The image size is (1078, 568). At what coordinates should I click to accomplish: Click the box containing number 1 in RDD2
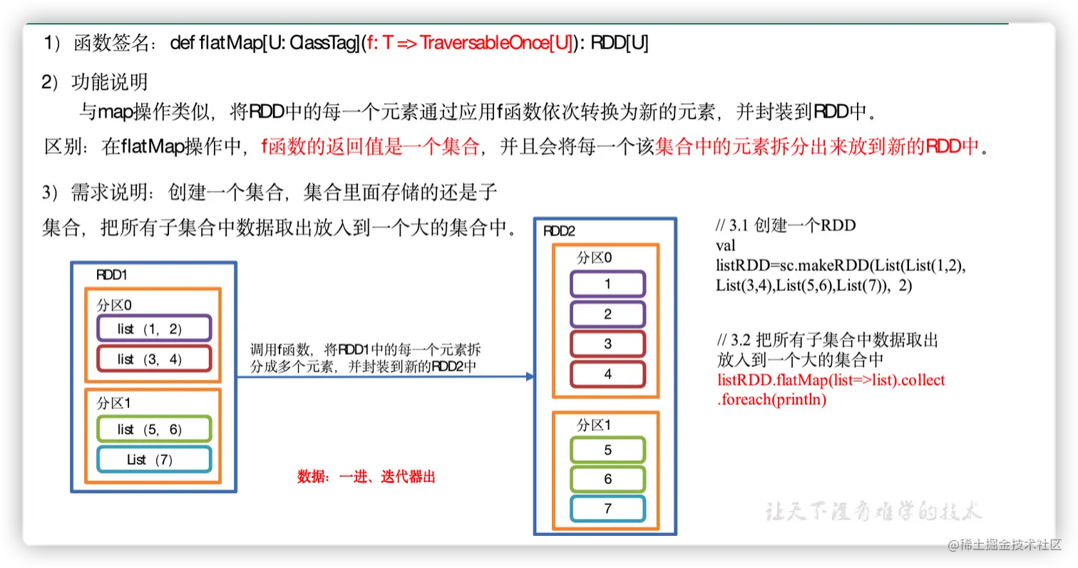coord(607,284)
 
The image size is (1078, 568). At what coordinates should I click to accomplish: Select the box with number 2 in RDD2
coord(607,314)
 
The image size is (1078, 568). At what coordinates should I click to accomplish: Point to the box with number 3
coord(607,344)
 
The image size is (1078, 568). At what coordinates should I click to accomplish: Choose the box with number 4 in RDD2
coord(607,374)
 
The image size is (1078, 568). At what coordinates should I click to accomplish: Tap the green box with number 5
coord(607,450)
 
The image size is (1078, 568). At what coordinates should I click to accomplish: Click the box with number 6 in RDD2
coord(607,480)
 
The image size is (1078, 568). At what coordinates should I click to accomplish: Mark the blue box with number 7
coord(607,509)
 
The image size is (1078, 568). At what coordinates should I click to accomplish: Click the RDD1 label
coord(111,275)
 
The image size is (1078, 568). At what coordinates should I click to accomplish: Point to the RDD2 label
coord(559,231)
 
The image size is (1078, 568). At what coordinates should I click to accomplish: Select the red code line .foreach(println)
coord(771,400)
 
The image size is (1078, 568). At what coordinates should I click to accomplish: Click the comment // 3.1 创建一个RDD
coord(786,226)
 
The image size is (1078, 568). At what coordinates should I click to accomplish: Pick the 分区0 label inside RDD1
coord(114,305)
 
